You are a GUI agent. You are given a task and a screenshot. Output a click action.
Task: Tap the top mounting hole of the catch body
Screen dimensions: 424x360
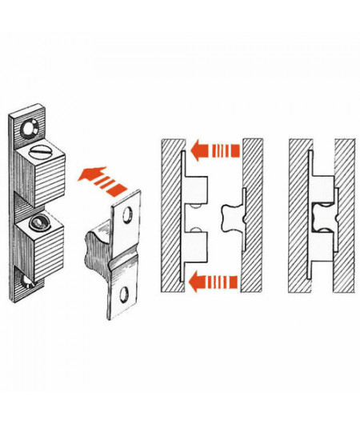click(29, 126)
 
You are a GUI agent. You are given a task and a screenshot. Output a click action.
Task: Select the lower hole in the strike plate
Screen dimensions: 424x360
click(121, 299)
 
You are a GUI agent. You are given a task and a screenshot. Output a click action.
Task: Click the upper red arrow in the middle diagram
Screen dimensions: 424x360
click(214, 148)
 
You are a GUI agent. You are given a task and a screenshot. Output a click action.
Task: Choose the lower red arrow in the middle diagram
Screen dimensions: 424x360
click(214, 280)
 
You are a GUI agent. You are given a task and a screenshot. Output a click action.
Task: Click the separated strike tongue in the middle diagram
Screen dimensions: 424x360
click(229, 215)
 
